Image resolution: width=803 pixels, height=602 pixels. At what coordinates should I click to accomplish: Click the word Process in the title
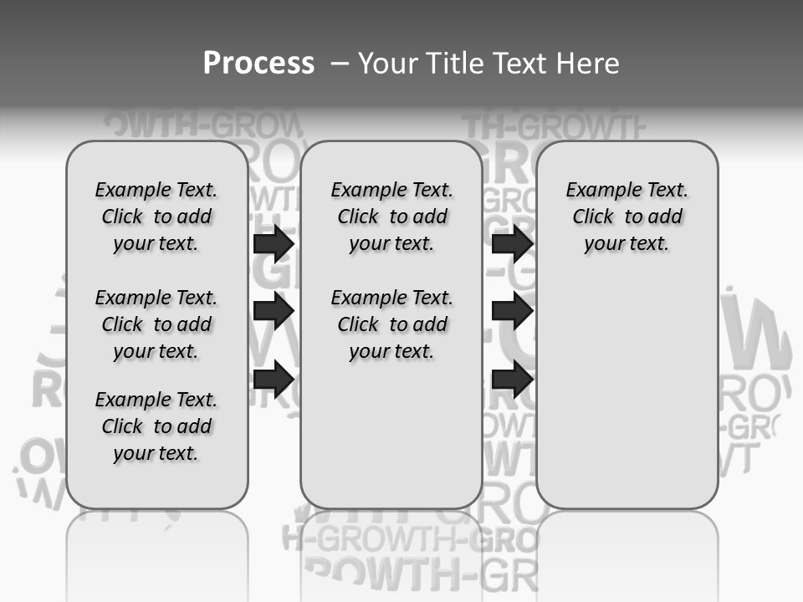click(258, 64)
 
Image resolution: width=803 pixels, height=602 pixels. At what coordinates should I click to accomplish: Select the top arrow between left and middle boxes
click(273, 243)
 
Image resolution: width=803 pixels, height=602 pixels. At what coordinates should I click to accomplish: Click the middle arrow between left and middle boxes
click(273, 311)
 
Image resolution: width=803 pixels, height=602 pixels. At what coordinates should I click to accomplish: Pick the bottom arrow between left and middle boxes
click(273, 379)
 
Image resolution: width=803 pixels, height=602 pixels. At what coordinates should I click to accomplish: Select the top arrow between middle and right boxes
click(512, 243)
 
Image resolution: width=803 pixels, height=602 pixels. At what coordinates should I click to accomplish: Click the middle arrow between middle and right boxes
click(512, 311)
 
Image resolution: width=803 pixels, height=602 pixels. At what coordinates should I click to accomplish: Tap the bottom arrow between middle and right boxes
click(512, 379)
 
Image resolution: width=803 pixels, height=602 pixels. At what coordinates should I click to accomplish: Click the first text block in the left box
click(156, 217)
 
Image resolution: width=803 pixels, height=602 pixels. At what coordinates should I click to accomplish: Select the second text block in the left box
click(156, 324)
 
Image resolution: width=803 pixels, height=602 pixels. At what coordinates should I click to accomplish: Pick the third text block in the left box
click(156, 426)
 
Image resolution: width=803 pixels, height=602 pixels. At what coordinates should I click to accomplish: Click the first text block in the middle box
click(391, 217)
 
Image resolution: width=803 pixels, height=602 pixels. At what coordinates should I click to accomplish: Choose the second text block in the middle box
click(391, 324)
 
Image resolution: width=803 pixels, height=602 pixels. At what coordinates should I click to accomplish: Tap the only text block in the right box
click(627, 217)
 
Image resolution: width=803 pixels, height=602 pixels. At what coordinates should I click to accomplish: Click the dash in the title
click(340, 64)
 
